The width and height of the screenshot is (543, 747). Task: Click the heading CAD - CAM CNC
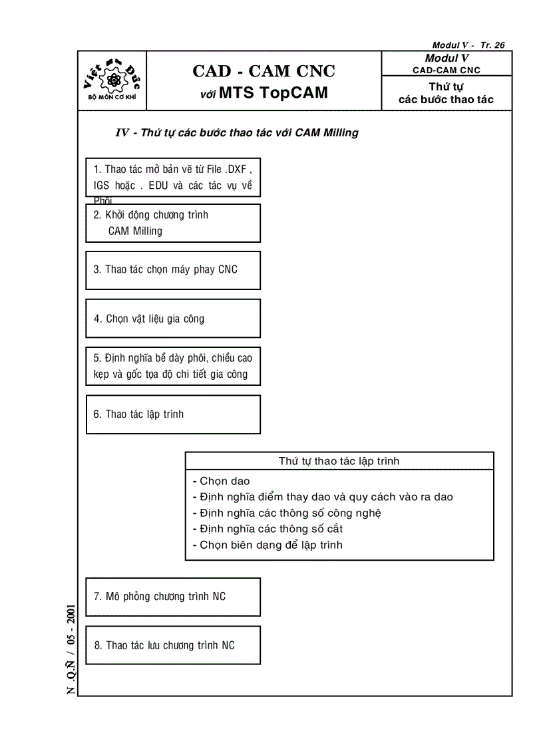click(x=264, y=71)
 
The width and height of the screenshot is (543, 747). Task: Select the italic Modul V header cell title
click(x=447, y=59)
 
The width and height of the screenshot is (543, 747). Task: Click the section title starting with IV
click(x=237, y=133)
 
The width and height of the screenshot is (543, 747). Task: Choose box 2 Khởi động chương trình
click(x=172, y=223)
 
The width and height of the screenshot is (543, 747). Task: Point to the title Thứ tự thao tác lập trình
click(x=339, y=461)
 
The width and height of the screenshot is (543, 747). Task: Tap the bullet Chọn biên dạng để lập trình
click(x=271, y=545)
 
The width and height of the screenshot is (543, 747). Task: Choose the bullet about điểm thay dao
click(x=326, y=497)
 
